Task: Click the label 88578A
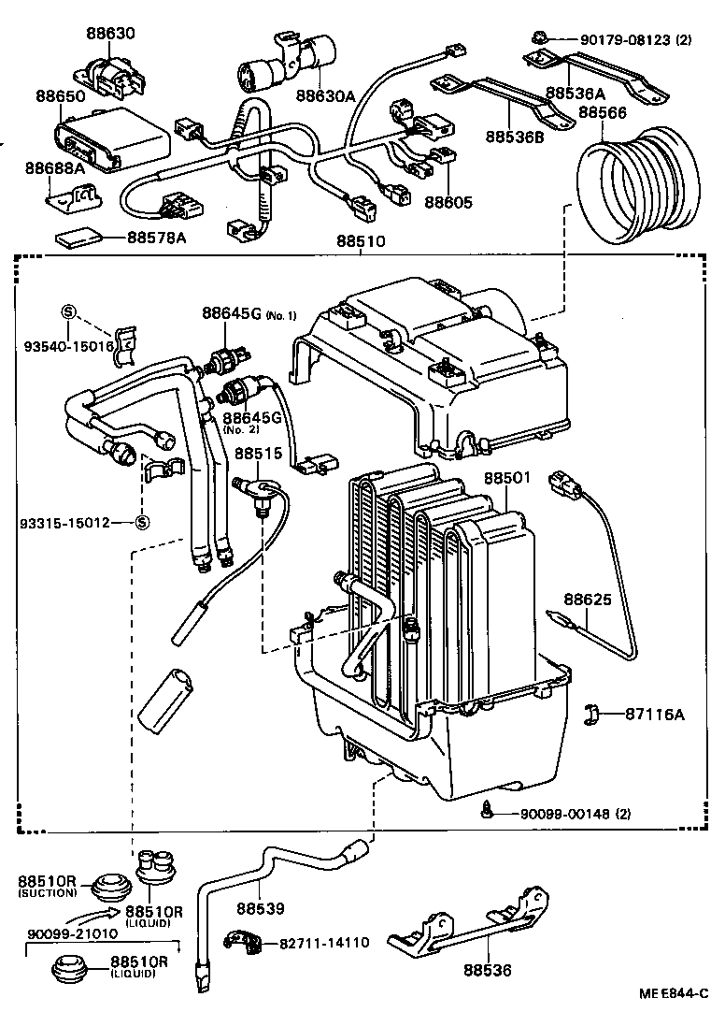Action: (x=156, y=238)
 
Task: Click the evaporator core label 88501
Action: (x=507, y=477)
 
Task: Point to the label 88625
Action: (x=586, y=598)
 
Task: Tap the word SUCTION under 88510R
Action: (x=46, y=893)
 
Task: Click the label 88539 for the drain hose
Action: (x=259, y=907)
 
